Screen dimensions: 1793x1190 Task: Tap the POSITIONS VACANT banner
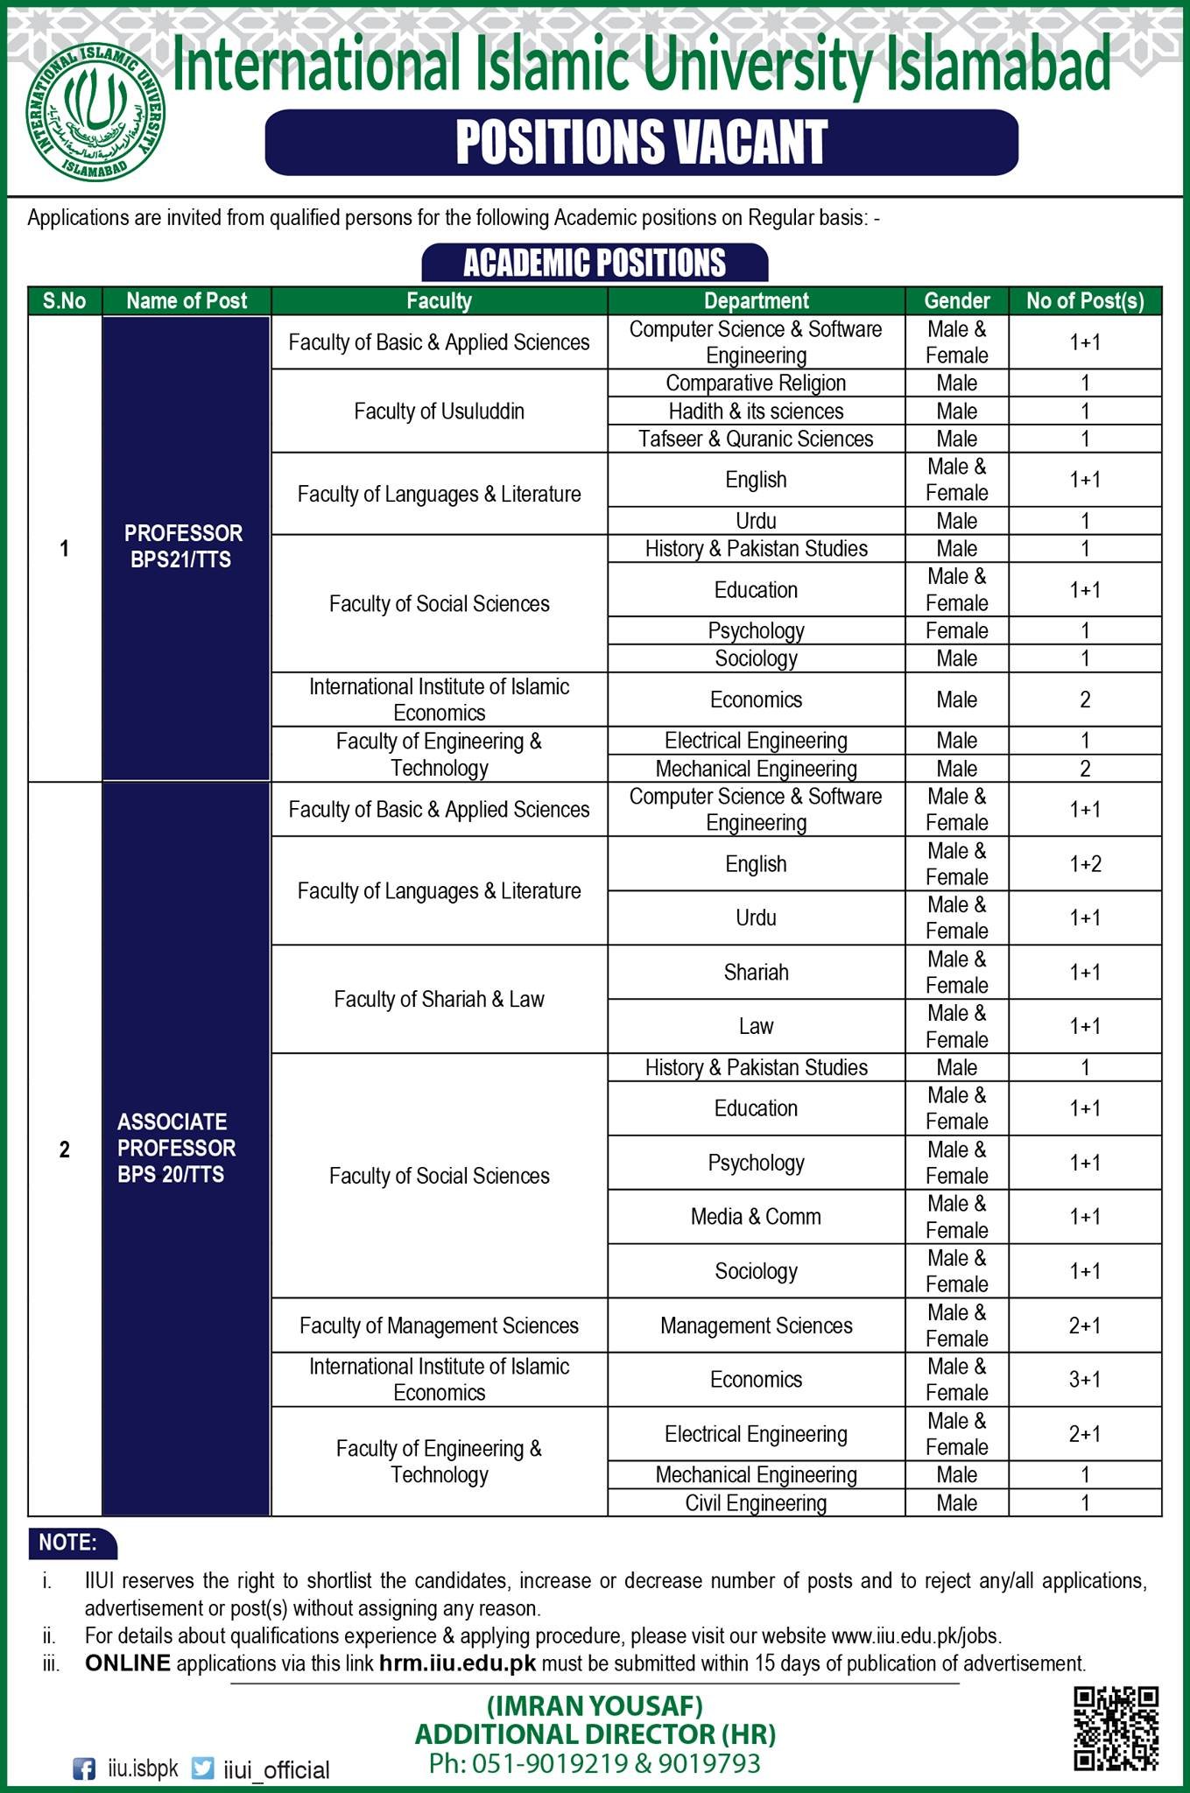(x=641, y=142)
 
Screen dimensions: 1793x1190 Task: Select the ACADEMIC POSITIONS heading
(x=595, y=263)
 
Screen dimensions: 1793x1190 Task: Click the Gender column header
(x=956, y=301)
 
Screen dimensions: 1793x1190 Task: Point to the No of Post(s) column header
(x=1085, y=301)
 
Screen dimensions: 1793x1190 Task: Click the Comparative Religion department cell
(x=756, y=383)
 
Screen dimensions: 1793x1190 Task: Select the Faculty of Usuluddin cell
(x=439, y=411)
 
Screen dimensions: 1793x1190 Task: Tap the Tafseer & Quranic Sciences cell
(x=756, y=439)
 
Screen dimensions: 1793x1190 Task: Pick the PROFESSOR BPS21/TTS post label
(x=183, y=547)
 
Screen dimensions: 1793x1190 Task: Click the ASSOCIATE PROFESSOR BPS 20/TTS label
(x=177, y=1148)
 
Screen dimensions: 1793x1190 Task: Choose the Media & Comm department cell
(x=756, y=1217)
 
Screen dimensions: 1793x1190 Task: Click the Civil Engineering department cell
(x=756, y=1503)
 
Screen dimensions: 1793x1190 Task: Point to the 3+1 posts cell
(x=1085, y=1380)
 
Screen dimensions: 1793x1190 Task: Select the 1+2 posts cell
(x=1085, y=864)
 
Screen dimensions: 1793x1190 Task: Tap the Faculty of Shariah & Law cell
(x=439, y=999)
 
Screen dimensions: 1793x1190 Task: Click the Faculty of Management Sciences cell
(x=439, y=1325)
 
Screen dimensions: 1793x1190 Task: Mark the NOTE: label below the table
(x=68, y=1543)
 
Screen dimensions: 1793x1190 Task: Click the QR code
(x=1116, y=1728)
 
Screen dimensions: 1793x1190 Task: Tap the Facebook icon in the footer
(x=84, y=1769)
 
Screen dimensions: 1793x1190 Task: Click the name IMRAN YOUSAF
(x=595, y=1705)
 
